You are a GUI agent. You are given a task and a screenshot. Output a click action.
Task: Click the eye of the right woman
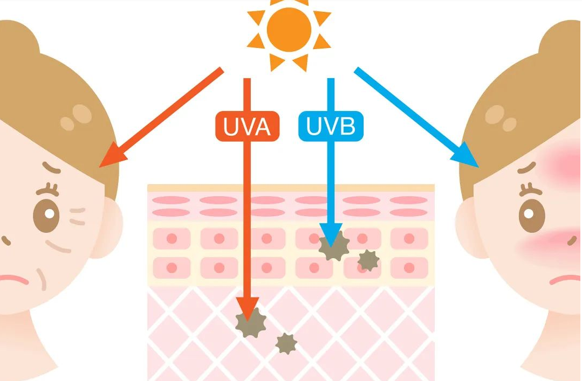[532, 214]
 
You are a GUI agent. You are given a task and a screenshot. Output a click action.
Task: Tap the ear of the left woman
[111, 226]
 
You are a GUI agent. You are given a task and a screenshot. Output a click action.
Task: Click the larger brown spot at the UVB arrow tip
[334, 247]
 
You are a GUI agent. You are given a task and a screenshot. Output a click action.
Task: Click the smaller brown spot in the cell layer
[368, 260]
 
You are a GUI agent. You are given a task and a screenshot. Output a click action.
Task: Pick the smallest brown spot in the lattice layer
[286, 343]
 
